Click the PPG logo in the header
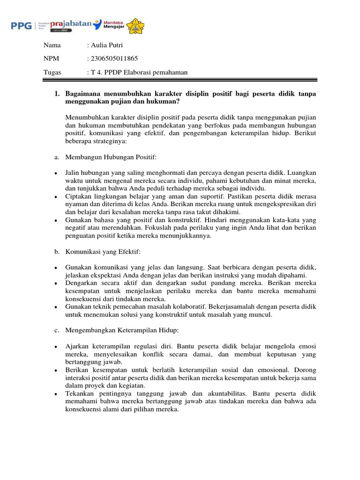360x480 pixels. (x=21, y=25)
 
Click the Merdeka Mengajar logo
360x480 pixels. (x=114, y=25)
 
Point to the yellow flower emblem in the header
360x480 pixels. (x=136, y=25)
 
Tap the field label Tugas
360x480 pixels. (x=52, y=72)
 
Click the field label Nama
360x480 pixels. (x=52, y=45)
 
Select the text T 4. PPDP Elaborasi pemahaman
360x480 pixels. (x=139, y=72)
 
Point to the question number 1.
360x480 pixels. (x=56, y=94)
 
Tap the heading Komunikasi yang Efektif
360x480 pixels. (x=99, y=252)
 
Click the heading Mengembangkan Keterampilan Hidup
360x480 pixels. (x=122, y=330)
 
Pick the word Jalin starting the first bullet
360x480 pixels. (x=73, y=172)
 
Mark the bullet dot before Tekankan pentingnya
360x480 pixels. (x=56, y=394)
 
